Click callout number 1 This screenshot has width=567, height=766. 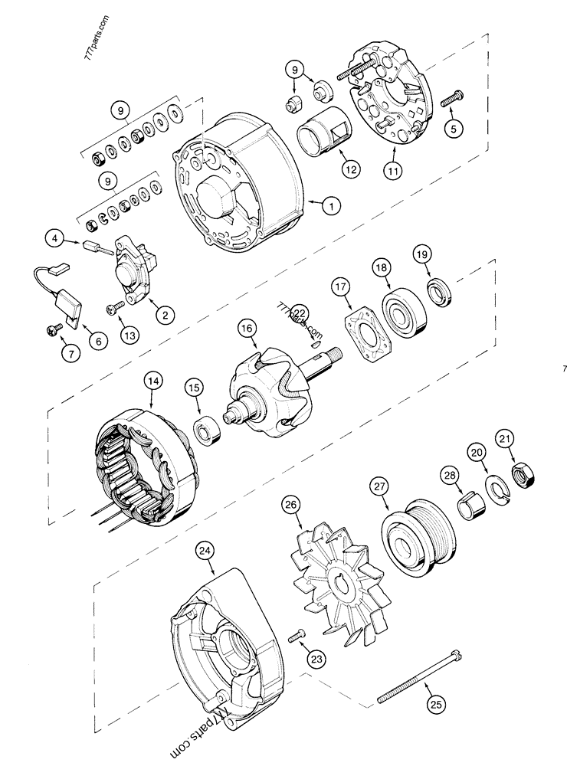tap(330, 205)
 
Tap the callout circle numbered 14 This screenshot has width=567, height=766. tap(153, 379)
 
